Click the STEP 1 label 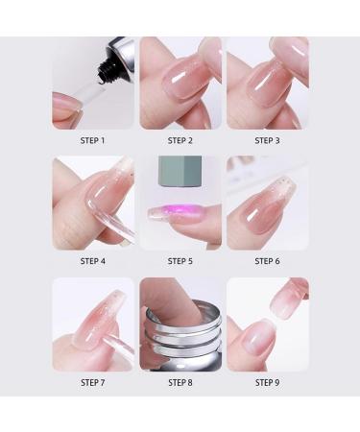coord(93,141)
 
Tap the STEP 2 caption coord(180,141)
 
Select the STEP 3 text coord(267,141)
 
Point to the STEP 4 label coord(93,261)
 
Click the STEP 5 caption coord(180,261)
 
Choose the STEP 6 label coord(267,261)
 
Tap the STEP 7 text coord(93,382)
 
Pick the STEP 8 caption coord(180,382)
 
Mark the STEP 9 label coord(267,382)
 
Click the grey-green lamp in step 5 coord(180,178)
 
